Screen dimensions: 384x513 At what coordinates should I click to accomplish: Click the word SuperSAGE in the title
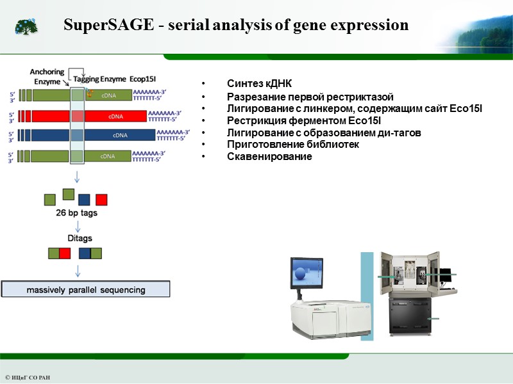[x=105, y=26]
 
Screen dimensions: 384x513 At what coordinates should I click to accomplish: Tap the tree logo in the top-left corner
[x=26, y=26]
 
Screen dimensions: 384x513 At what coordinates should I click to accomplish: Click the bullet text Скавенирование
[x=269, y=157]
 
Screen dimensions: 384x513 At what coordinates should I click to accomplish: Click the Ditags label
[x=80, y=238]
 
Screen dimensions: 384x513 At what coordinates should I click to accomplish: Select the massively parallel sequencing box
[x=86, y=289]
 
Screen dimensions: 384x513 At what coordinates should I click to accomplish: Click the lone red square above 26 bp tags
[x=101, y=200]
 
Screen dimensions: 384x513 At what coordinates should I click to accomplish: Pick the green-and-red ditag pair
[x=59, y=253]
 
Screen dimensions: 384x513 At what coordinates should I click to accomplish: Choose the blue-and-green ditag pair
[x=90, y=253]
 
